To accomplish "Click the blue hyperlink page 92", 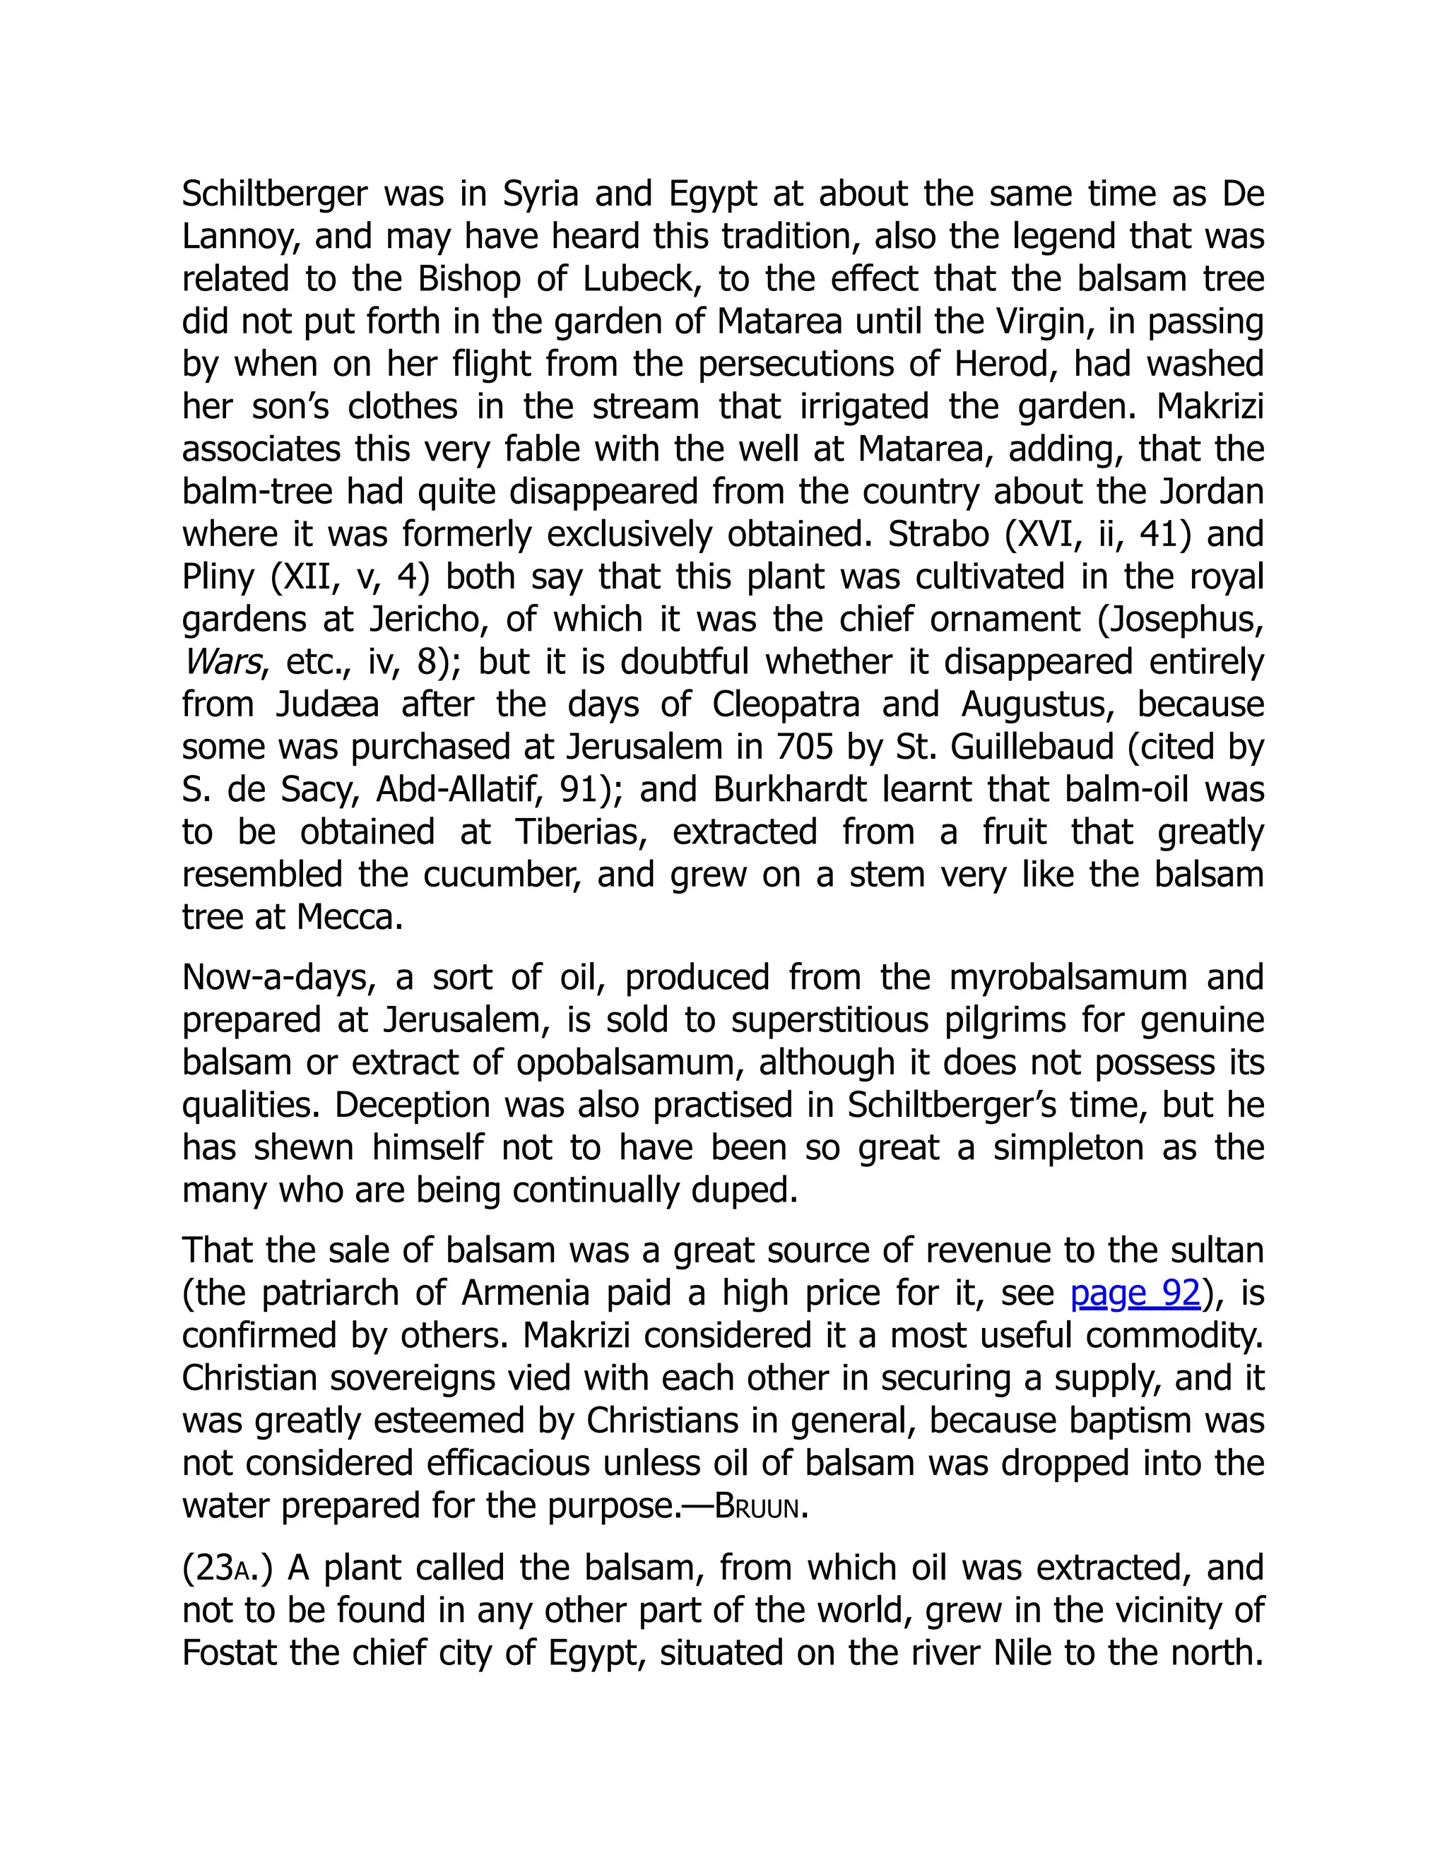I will (1135, 1293).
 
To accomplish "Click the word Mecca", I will (349, 917).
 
